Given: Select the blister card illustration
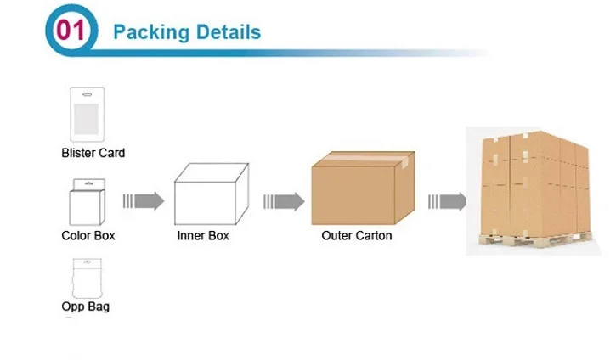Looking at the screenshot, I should (x=86, y=115).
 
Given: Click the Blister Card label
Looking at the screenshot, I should (x=93, y=154).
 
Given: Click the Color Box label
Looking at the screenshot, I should (x=88, y=235).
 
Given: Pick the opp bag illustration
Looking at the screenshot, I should (x=83, y=277).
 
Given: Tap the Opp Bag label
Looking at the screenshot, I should (x=85, y=306).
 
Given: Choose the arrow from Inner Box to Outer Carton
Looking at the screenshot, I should (x=283, y=202).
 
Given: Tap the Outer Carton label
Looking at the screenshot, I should (x=357, y=235).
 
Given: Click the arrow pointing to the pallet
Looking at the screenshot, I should (x=446, y=202).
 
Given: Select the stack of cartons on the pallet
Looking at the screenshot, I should (x=535, y=183).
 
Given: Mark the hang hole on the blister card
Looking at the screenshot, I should (x=86, y=93).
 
